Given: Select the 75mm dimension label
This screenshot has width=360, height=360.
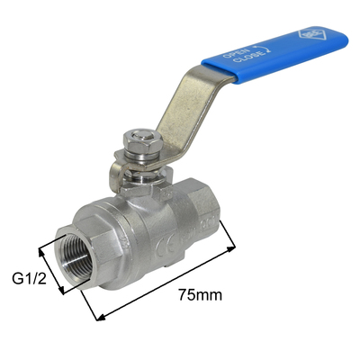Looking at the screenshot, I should click(x=201, y=294).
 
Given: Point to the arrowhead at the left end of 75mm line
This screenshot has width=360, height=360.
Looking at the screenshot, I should click(x=97, y=316).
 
